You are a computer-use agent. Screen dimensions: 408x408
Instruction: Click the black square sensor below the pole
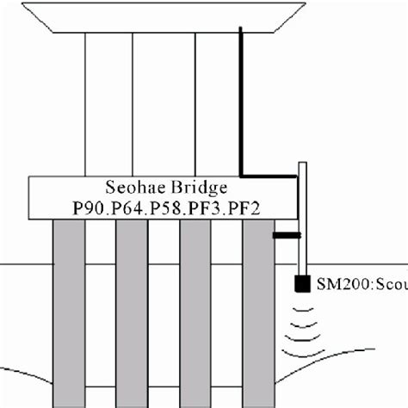[x=302, y=282]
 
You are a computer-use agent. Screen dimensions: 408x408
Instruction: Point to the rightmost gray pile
[x=257, y=310]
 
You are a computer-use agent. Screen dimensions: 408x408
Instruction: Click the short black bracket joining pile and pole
[x=287, y=234]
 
